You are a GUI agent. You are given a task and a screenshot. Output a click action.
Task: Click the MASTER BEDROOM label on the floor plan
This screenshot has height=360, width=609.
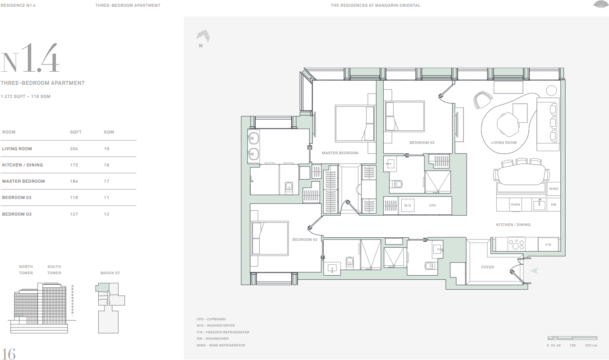click(x=340, y=153)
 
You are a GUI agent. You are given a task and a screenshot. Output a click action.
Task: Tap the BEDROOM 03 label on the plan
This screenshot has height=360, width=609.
click(x=422, y=143)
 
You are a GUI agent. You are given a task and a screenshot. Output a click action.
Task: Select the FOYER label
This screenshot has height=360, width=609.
click(x=487, y=267)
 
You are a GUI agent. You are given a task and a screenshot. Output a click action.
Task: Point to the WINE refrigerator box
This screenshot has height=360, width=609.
click(x=554, y=189)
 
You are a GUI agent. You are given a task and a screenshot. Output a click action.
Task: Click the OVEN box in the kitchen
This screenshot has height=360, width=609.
click(x=515, y=204)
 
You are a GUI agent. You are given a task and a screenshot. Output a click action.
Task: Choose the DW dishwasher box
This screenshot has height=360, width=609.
click(x=554, y=204)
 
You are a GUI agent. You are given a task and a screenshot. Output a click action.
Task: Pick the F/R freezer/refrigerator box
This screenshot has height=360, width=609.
click(x=549, y=245)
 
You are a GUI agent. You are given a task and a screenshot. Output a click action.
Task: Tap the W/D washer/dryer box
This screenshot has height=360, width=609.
click(x=408, y=206)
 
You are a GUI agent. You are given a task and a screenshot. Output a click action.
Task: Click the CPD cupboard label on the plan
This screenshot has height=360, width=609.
click(x=432, y=206)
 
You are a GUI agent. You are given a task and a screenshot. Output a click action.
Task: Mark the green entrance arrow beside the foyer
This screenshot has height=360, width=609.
click(x=535, y=271)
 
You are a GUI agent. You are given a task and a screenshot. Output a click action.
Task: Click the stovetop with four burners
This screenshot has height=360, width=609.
click(x=517, y=244)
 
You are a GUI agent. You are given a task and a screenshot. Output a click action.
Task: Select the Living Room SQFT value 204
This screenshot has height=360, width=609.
click(x=73, y=149)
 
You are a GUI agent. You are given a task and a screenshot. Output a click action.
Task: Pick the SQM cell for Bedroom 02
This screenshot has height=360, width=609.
click(x=106, y=198)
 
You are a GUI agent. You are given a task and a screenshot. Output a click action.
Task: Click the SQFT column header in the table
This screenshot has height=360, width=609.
click(x=76, y=132)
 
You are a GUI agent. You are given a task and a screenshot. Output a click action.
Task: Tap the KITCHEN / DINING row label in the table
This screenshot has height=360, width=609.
click(x=23, y=165)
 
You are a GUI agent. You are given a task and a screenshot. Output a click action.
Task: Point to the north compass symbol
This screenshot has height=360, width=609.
click(x=203, y=36)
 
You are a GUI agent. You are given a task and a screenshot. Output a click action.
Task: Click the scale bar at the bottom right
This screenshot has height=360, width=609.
click(x=572, y=338)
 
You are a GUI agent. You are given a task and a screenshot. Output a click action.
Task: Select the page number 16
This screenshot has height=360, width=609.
click(x=9, y=354)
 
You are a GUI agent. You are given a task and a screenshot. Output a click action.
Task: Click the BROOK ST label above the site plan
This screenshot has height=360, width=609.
click(x=110, y=273)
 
